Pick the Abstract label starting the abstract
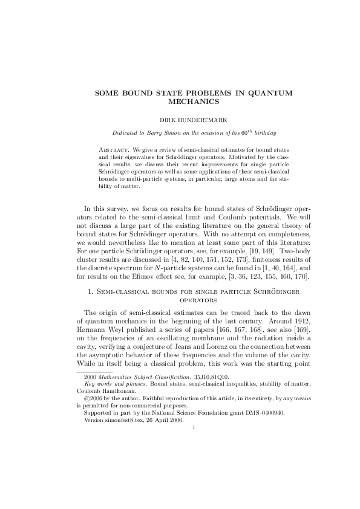click(x=113, y=148)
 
